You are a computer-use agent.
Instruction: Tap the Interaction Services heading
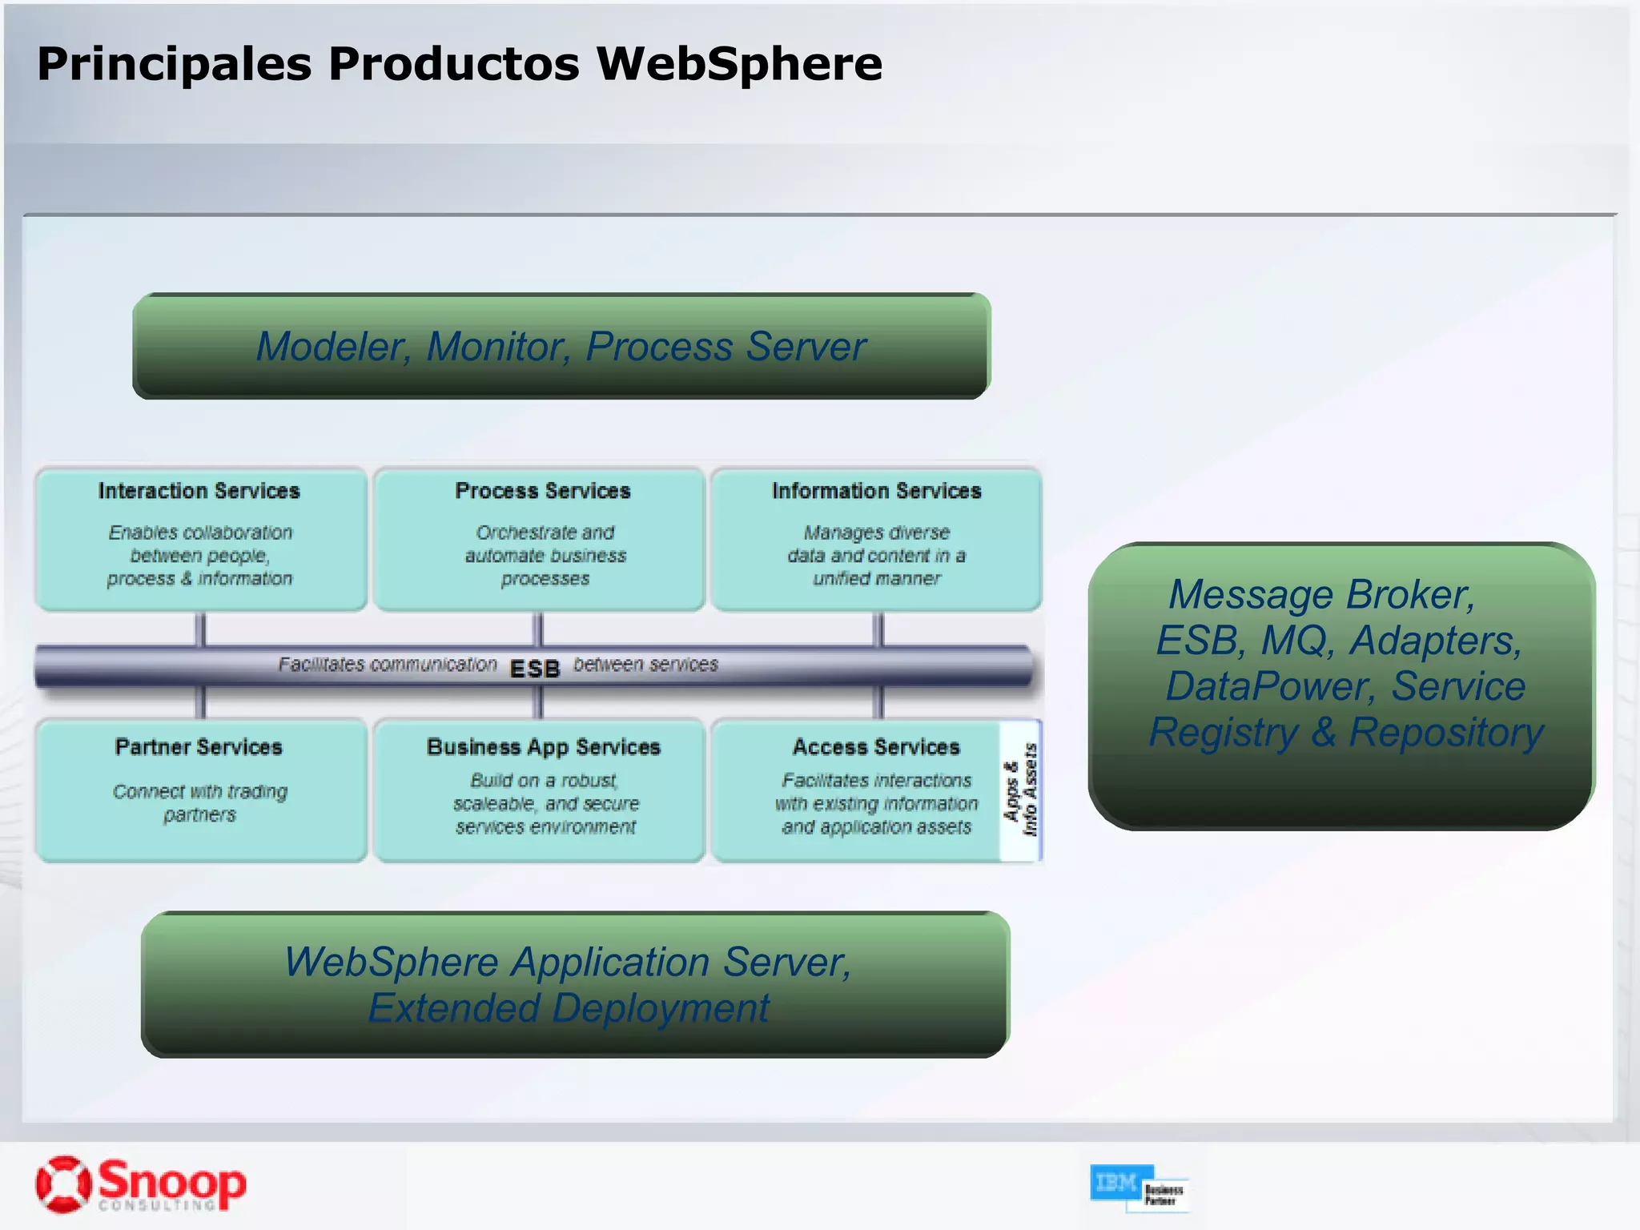click(x=199, y=491)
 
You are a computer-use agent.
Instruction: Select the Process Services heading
click(x=543, y=491)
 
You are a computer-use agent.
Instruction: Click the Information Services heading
click(x=876, y=491)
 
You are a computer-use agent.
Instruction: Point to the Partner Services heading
click(x=199, y=747)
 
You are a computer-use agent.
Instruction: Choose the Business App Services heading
click(x=543, y=747)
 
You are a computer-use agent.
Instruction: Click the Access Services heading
click(x=876, y=747)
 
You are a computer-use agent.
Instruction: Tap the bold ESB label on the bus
click(x=534, y=669)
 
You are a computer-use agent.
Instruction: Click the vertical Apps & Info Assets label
click(x=1021, y=790)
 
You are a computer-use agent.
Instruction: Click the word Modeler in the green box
click(x=333, y=347)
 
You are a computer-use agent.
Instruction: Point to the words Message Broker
click(x=1321, y=595)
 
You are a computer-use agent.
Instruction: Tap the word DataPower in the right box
click(x=1269, y=686)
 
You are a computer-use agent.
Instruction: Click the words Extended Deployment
click(x=569, y=1008)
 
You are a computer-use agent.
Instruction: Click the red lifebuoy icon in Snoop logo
click(x=63, y=1184)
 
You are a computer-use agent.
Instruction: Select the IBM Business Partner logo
click(x=1138, y=1188)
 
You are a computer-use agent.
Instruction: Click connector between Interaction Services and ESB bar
click(x=201, y=629)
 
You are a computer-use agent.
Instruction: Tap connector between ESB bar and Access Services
click(x=878, y=701)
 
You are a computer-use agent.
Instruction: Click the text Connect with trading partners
click(x=199, y=802)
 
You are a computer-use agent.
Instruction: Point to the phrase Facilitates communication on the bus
click(x=388, y=665)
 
